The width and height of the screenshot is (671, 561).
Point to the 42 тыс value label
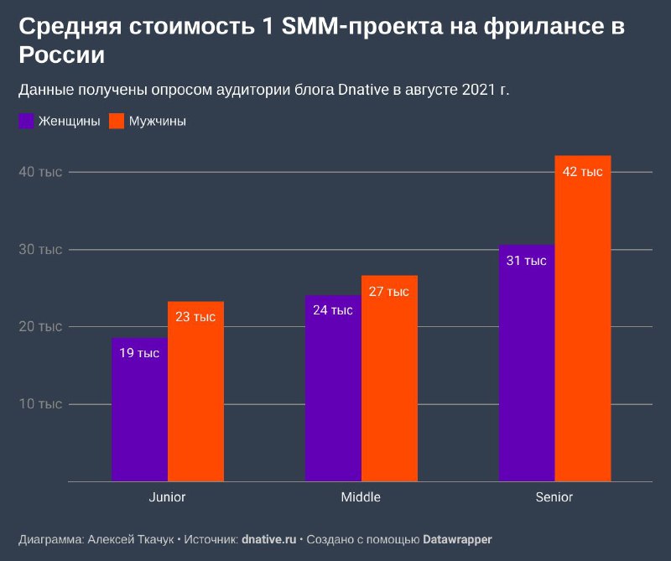[582, 172]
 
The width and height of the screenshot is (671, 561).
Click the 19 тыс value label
[139, 353]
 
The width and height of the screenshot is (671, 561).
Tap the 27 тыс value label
[388, 292]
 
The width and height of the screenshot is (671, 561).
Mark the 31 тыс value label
[526, 261]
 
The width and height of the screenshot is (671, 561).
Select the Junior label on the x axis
[167, 497]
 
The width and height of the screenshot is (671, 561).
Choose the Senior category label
[554, 497]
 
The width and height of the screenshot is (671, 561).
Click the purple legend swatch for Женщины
[26, 122]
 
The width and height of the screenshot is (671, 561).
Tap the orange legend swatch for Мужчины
[117, 122]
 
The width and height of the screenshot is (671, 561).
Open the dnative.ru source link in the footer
[268, 539]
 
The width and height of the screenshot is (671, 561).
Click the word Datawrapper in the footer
[457, 539]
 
